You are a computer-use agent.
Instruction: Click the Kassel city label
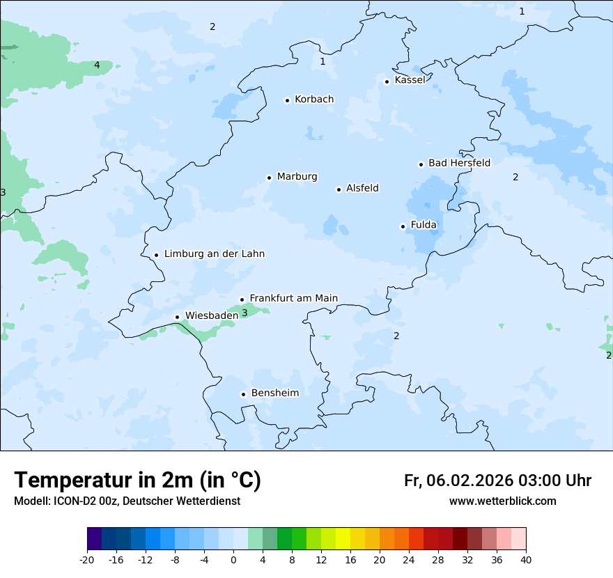[410, 80]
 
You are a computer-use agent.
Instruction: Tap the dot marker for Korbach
[287, 100]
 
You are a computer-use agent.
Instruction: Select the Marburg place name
[297, 177]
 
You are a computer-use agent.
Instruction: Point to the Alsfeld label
[362, 188]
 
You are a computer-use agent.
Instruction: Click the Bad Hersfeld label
[459, 163]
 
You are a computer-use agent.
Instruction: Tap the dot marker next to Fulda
[403, 226]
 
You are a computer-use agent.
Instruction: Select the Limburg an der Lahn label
[214, 254]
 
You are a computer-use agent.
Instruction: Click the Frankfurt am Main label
[293, 298]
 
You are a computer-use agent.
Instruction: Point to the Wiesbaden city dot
[177, 317]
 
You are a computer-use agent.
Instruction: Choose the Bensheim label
[274, 393]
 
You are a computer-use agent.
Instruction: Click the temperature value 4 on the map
[97, 65]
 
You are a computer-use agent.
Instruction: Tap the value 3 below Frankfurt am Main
[245, 313]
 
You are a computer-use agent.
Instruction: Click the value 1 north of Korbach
[323, 61]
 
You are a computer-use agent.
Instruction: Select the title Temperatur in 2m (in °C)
[137, 481]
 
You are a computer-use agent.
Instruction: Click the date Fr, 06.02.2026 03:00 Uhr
[497, 481]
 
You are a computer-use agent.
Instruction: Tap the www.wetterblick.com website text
[502, 501]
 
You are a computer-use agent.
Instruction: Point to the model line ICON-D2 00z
[127, 501]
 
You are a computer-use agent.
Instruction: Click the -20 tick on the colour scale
[87, 560]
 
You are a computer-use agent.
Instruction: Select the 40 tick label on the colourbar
[526, 560]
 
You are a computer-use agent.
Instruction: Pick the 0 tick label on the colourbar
[233, 560]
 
